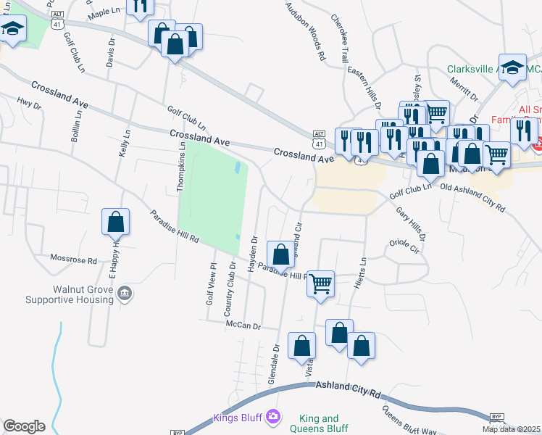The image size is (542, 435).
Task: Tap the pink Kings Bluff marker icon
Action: [x=272, y=416]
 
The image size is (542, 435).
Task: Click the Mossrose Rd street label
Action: [x=73, y=259]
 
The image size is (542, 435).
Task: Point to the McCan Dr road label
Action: [x=243, y=326]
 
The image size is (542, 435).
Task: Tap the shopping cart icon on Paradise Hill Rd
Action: [x=320, y=283]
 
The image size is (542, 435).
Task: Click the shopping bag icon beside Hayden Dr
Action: [x=280, y=254]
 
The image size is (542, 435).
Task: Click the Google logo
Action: [x=24, y=426]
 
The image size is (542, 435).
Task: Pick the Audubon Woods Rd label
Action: [x=305, y=30]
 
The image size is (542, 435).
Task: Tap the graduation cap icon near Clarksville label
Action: [x=512, y=67]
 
